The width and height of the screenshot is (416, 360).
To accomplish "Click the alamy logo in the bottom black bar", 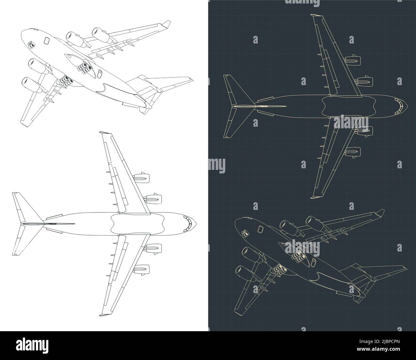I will [35, 346].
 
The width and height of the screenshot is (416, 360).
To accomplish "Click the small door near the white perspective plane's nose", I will [47, 40].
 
